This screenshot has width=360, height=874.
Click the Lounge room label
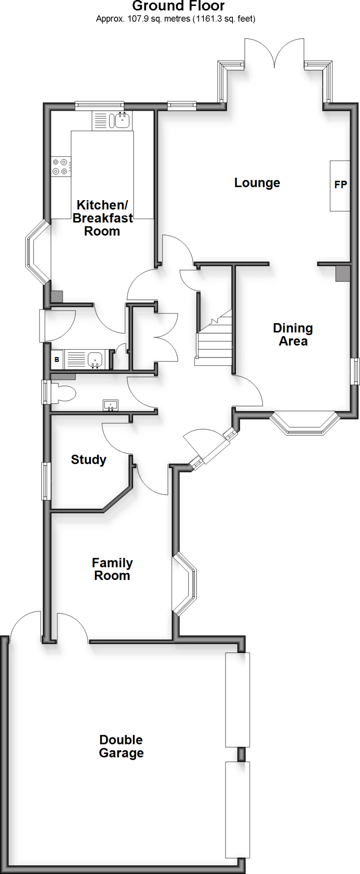(x=257, y=183)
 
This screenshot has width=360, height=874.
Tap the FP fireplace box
(x=340, y=185)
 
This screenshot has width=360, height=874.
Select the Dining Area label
(x=293, y=335)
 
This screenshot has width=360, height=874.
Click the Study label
(x=88, y=460)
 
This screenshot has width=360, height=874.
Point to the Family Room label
(x=112, y=569)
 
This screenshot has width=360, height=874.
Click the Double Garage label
(x=121, y=746)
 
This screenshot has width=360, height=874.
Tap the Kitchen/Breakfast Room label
(x=102, y=218)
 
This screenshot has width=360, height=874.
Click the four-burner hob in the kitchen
(x=60, y=166)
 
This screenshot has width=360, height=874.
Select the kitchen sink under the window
(x=122, y=120)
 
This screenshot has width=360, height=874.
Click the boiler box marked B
(x=57, y=360)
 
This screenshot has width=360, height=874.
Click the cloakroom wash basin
(x=110, y=405)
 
